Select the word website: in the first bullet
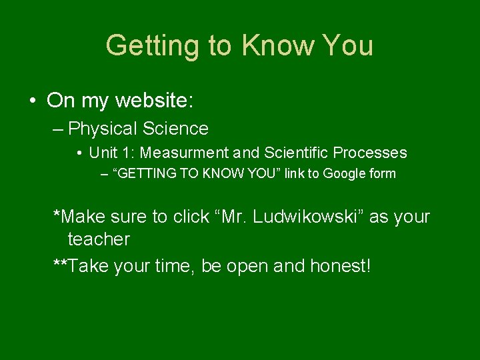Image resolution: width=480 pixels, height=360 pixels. click(154, 101)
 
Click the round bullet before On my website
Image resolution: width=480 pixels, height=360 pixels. click(32, 101)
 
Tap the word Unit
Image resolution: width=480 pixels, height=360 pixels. click(103, 153)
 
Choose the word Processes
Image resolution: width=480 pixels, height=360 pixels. click(370, 153)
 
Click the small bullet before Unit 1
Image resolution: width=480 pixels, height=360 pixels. click(79, 153)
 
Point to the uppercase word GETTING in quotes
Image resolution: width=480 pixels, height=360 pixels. click(144, 174)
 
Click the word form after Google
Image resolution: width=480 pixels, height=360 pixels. click(383, 174)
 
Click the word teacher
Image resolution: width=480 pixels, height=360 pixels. click(99, 239)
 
